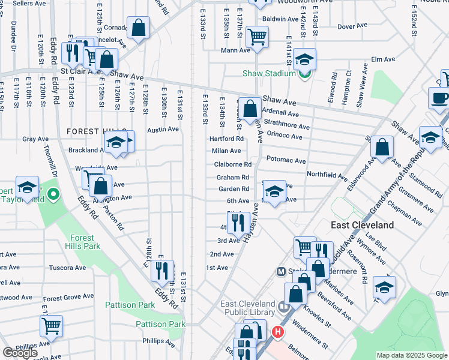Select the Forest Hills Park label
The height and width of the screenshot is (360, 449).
pos(83,242)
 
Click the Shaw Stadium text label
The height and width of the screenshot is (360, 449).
pos(268,74)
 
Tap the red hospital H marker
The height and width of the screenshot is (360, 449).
pos(277,331)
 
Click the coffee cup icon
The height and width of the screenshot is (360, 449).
pos(439,98)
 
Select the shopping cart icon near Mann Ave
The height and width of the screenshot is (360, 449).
pos(257,36)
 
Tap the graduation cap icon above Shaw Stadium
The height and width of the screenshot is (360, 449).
pos(304,59)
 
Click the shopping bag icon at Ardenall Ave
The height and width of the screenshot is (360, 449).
pos(251,109)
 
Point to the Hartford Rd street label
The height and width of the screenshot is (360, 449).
pos(226,139)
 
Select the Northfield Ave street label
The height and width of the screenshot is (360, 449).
pos(327,176)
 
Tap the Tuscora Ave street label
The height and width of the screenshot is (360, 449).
pos(68,268)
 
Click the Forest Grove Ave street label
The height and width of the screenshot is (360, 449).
pos(70,298)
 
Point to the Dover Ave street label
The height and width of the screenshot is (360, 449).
pos(348,27)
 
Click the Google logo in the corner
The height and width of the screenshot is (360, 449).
pos(20,353)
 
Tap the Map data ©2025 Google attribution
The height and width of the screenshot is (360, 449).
pos(412,355)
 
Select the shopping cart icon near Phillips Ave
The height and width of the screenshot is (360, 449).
pos(51,326)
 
